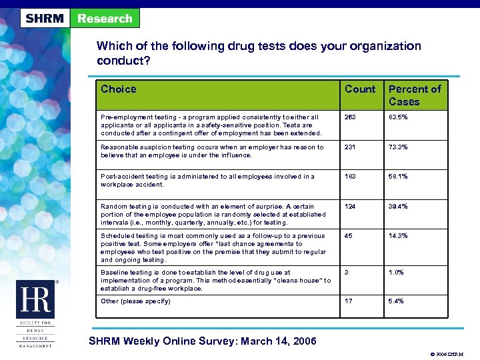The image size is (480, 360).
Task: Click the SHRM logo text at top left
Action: coord(45,18)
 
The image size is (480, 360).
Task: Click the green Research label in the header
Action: coord(105,18)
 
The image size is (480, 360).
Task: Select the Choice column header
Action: coord(118,89)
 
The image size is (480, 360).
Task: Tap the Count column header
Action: coord(360,89)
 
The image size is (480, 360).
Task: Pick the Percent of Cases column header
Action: coord(414,95)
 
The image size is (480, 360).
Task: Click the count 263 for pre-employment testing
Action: coord(351,117)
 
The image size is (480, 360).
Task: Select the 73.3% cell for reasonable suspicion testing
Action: coord(398,147)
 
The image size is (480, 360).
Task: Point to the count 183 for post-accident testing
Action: coord(351,177)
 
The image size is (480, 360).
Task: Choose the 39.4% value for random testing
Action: coord(398,207)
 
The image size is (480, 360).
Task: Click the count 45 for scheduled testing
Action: coord(349,236)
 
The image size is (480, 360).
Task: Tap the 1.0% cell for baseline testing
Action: coord(396,273)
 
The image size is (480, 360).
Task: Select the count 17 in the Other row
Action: coord(349,301)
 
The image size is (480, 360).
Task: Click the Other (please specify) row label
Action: coord(135,301)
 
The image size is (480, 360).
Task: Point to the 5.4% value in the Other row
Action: coord(396,301)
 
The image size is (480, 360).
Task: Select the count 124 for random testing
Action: coord(351,207)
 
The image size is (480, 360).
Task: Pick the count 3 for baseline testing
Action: coord(347,273)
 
